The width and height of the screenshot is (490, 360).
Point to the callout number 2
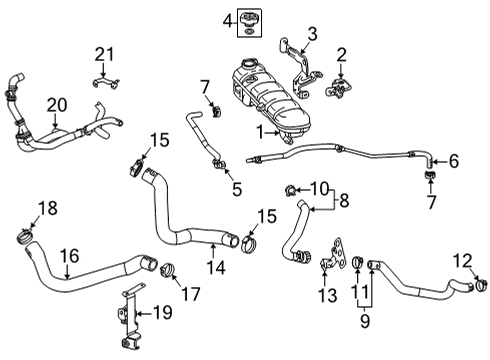pyautogui.click(x=342, y=54)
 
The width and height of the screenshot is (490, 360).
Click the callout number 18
pyautogui.click(x=18, y=208)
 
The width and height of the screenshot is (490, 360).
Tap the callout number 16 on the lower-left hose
pyautogui.click(x=69, y=257)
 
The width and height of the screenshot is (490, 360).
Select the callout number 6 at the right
pyautogui.click(x=453, y=160)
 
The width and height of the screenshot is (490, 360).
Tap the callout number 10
pyautogui.click(x=319, y=189)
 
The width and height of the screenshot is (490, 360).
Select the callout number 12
pyautogui.click(x=461, y=261)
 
